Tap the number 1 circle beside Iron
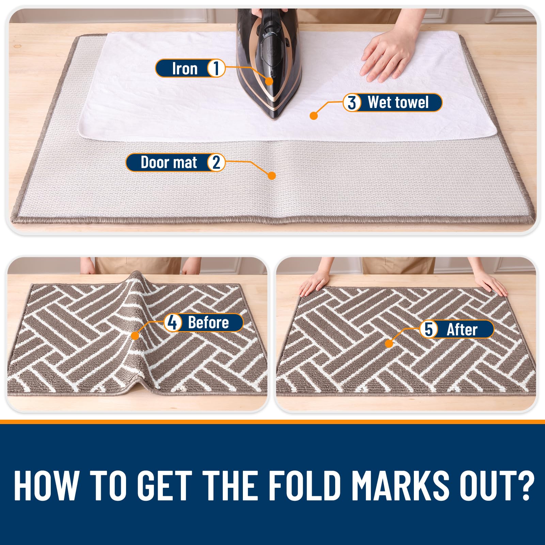pos(216,68)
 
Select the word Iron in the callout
pos(185,68)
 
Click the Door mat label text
pos(169,162)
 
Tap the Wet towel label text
pos(398,102)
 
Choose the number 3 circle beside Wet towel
pos(352,103)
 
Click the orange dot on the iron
pos(269,81)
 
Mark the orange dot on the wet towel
pos(314,116)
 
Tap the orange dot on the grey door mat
pos(272,176)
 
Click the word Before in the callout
pos(208,323)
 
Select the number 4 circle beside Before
pos(173,323)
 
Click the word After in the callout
pos(462,330)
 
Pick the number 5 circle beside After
pos(429,329)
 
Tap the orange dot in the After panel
pos(389,344)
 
